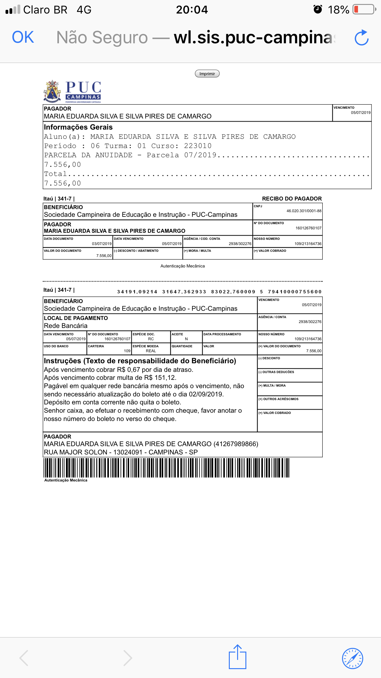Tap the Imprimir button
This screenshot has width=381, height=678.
pyautogui.click(x=207, y=74)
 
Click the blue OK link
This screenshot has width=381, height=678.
pyautogui.click(x=23, y=37)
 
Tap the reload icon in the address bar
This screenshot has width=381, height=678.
pyautogui.click(x=361, y=38)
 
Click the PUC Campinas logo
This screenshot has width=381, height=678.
pyautogui.click(x=73, y=92)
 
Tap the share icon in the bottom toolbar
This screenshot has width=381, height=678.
pyautogui.click(x=237, y=657)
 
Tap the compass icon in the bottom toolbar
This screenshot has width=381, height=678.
pyautogui.click(x=352, y=658)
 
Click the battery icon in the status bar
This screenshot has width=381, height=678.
pyautogui.click(x=364, y=10)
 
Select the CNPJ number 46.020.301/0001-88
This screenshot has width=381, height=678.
pyautogui.click(x=304, y=211)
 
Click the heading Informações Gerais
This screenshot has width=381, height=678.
pyautogui.click(x=78, y=127)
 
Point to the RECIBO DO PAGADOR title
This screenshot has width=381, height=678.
pyautogui.click(x=292, y=199)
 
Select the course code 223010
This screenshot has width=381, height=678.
pyautogui.click(x=198, y=146)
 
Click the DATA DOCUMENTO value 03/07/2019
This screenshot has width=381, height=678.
pyautogui.click(x=102, y=244)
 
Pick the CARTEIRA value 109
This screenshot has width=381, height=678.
pyautogui.click(x=127, y=351)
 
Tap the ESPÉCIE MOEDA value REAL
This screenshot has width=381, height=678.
pyautogui.click(x=151, y=351)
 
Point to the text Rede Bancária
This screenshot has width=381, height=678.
pyautogui.click(x=66, y=326)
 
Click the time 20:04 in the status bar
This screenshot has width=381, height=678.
pyautogui.click(x=192, y=10)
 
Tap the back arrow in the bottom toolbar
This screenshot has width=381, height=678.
pyautogui.click(x=24, y=658)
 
